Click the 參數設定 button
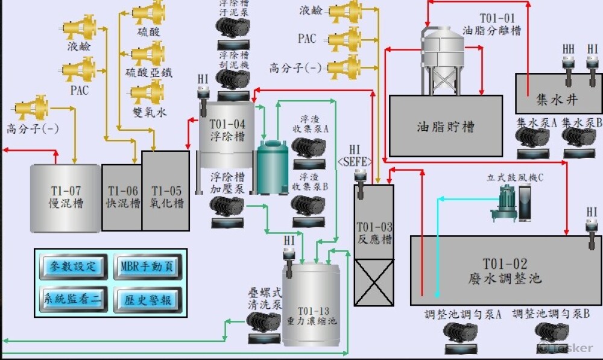[x=73, y=266]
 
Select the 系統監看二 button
[x=73, y=298]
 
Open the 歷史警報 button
[x=147, y=298]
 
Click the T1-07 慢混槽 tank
[x=66, y=198]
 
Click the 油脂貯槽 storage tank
[x=446, y=125]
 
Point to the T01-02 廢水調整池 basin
[x=505, y=271]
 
